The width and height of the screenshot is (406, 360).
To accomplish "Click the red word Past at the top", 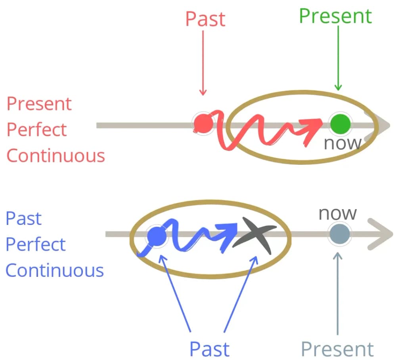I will coord(205,19).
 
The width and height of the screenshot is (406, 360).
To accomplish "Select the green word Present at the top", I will coord(335,16).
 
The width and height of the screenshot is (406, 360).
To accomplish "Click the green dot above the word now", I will coord(341,124).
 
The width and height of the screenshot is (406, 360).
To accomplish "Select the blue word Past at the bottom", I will coord(209,349).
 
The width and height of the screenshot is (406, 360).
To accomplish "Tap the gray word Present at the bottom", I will coord(337,349).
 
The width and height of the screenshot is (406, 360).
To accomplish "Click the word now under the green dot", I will coord(342,143).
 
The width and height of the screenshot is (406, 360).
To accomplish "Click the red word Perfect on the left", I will coord(37,130).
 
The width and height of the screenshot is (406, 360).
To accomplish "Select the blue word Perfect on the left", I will coord(35,245).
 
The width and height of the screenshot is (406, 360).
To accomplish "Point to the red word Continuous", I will coord(56,156).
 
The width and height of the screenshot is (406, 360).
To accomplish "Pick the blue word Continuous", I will coord(55,271).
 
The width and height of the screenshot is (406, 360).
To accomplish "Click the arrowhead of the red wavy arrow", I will coord(316,124).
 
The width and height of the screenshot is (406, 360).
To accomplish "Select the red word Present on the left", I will coord(39,104).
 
